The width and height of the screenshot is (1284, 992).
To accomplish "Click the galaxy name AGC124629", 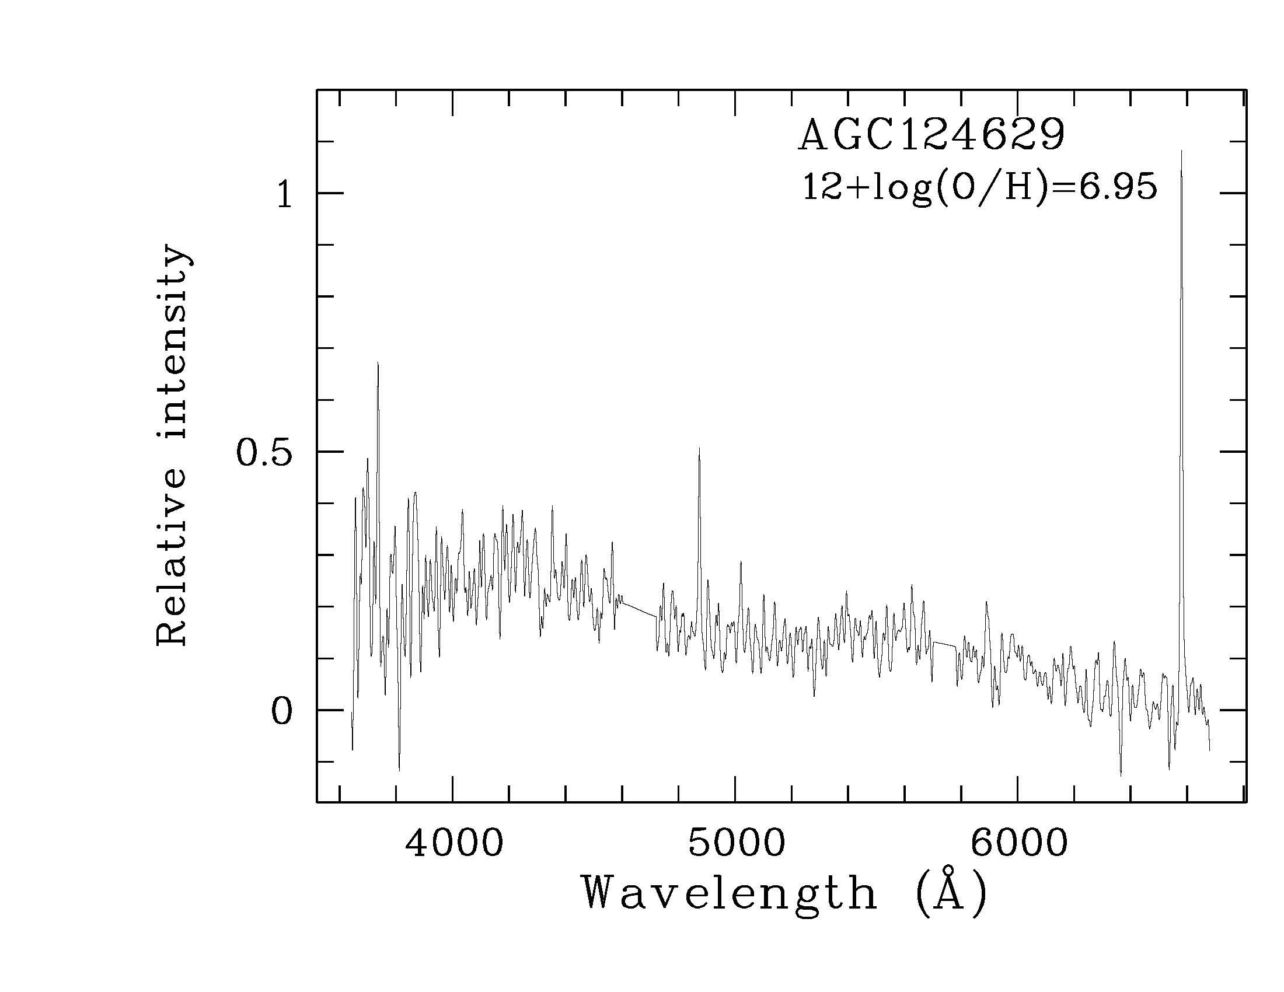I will pos(931,136).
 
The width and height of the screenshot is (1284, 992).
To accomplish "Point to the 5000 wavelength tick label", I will pos(737,844).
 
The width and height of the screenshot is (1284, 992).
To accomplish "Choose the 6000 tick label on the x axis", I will pos(1019,844).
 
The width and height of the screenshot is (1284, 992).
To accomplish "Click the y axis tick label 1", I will pos(285,195).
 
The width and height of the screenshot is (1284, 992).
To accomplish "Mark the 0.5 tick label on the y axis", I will pos(264,453).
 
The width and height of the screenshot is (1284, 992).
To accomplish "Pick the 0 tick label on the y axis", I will pos(282,712).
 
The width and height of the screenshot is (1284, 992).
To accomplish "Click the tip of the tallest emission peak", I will pos(1182,152).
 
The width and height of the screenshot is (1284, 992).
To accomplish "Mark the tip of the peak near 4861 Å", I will pos(699,448).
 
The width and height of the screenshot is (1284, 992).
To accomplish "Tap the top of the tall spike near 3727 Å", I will pos(378,363).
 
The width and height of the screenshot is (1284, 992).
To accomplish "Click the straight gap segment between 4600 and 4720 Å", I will pos(638,609).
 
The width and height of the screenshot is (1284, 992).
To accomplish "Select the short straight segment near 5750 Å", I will pos(944,644).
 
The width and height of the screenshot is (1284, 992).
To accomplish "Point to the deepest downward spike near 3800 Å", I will pos(399,769).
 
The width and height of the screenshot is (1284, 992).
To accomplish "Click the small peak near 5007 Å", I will pos(741,563).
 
